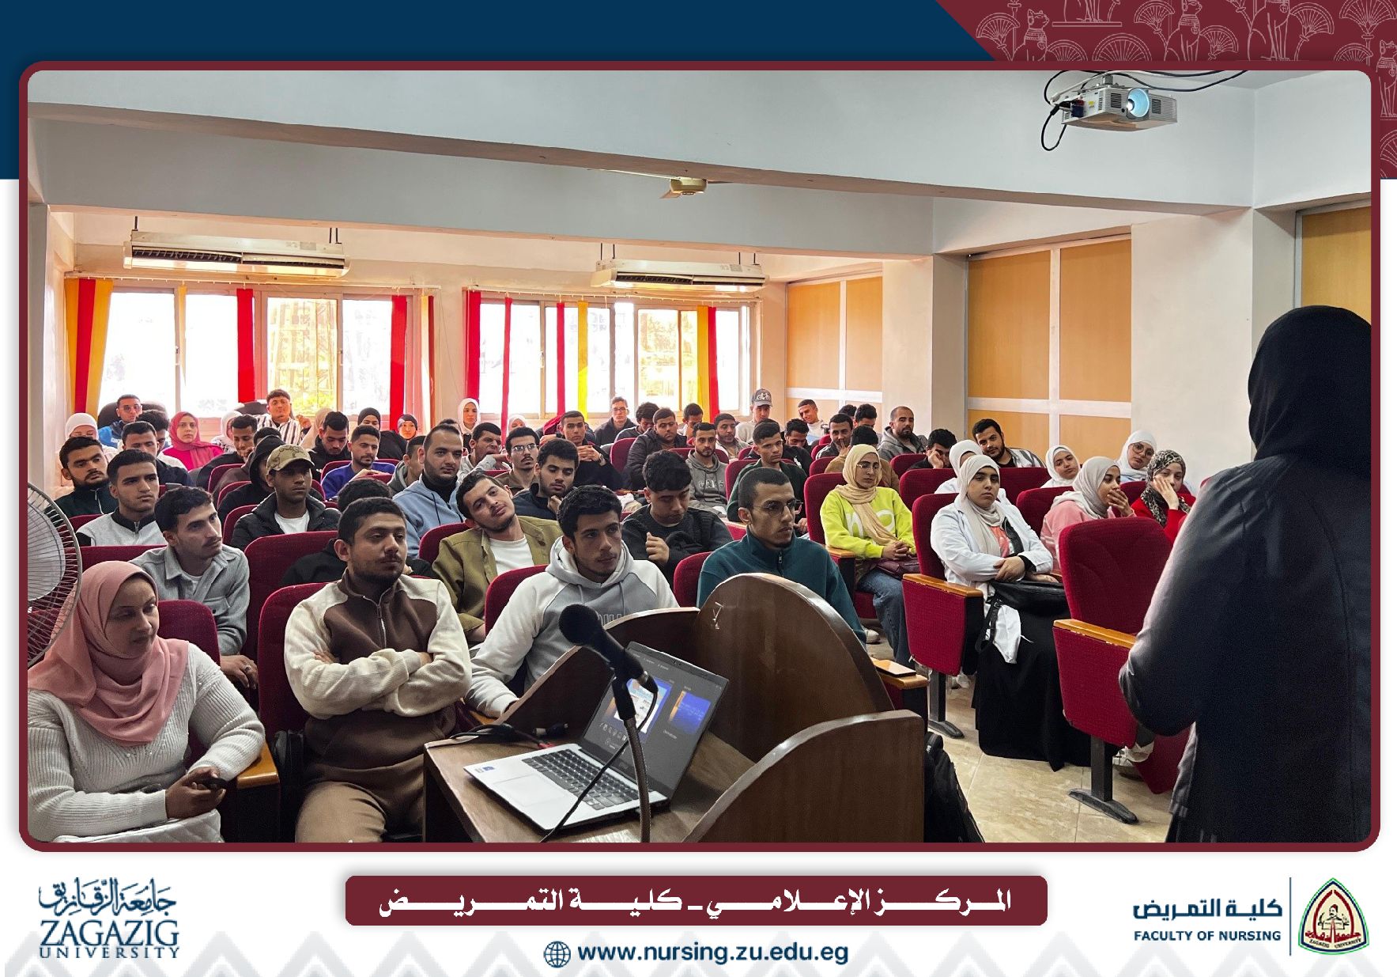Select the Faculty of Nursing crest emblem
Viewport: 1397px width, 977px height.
[1334, 916]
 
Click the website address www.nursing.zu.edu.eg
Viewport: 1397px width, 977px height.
[712, 952]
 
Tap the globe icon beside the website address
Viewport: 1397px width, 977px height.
[557, 953]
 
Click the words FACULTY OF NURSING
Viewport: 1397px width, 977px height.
[1206, 935]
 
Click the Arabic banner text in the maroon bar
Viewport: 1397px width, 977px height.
[695, 901]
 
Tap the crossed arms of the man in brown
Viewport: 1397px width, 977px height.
[379, 661]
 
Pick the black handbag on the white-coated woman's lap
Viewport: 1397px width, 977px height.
[1028, 593]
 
